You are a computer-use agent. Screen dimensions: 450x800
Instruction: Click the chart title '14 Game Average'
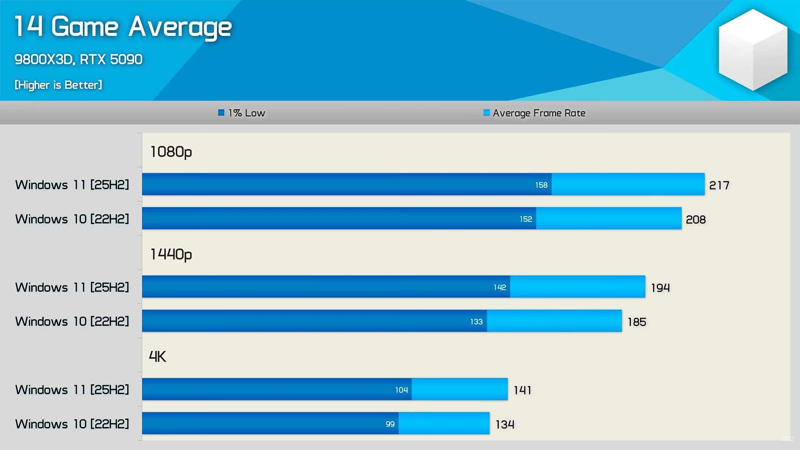tap(123, 27)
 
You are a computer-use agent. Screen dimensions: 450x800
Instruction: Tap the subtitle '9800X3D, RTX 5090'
tap(78, 60)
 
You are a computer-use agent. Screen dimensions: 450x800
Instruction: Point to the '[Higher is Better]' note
tap(58, 85)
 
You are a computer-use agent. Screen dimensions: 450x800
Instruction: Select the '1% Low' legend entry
tap(242, 113)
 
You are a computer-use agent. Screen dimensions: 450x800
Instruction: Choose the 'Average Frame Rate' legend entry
tap(535, 113)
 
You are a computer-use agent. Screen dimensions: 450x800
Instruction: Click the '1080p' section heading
tap(171, 152)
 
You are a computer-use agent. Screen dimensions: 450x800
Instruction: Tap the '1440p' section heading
tap(171, 254)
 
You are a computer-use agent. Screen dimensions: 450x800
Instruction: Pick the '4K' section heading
tap(157, 357)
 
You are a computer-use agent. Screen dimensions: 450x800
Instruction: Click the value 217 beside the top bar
tap(719, 185)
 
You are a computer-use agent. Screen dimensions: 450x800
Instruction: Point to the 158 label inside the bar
tap(541, 185)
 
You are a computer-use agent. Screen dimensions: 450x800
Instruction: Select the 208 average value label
tap(696, 220)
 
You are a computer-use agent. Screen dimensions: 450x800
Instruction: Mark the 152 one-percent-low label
tap(526, 219)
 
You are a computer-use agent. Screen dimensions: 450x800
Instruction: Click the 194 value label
tap(660, 288)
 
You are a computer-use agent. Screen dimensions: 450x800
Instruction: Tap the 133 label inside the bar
tap(476, 322)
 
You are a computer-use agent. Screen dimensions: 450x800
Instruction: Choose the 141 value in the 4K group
tap(522, 390)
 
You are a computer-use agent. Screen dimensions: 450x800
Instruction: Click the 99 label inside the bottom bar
tap(390, 424)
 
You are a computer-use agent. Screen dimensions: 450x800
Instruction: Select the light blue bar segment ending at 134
tap(444, 423)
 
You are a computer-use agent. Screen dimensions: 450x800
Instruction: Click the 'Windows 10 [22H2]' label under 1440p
tap(72, 322)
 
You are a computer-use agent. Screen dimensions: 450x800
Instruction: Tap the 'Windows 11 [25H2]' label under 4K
tap(72, 390)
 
